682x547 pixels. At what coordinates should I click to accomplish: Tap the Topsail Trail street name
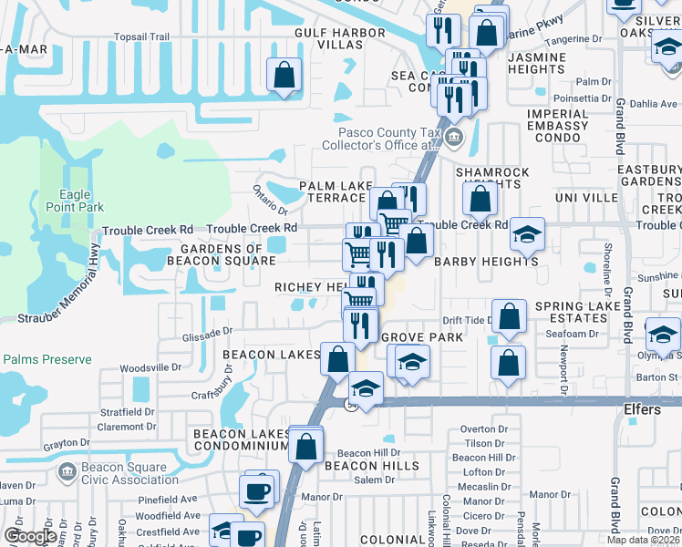point(142,37)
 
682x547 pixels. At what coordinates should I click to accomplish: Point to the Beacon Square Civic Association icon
point(67,471)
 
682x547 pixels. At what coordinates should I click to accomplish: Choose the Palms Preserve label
point(46,359)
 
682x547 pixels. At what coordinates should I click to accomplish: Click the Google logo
point(29,536)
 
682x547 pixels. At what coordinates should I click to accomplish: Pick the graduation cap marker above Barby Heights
point(526,235)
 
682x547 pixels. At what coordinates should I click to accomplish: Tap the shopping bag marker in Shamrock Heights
point(480,199)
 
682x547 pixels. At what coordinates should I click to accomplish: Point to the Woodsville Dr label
point(151,367)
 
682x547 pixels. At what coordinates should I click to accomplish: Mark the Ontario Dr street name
point(271,194)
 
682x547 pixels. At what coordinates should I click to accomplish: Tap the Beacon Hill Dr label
point(368,453)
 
